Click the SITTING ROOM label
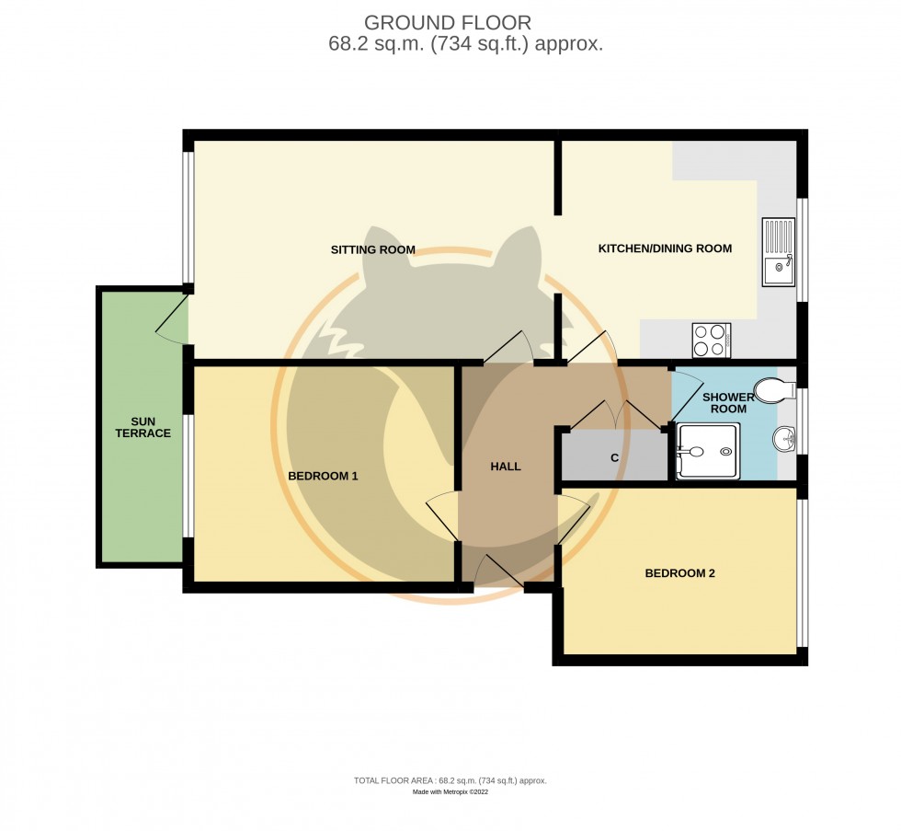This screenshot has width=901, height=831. (373, 249)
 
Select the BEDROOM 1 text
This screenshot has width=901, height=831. (323, 476)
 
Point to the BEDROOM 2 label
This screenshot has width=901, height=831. (679, 573)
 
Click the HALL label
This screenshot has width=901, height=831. (506, 467)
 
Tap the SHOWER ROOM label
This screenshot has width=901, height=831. (728, 403)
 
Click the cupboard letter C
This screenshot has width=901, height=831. (614, 457)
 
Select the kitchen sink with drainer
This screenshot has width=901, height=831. (778, 252)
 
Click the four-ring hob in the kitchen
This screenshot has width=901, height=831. (711, 340)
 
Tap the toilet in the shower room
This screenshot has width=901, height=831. (774, 390)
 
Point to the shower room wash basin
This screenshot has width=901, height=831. (784, 441)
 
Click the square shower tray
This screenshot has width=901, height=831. (707, 451)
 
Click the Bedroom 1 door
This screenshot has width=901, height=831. (442, 517)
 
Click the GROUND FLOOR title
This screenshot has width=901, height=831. (447, 23)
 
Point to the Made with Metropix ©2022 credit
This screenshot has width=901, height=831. (450, 791)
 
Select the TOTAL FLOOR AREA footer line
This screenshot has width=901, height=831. (450, 780)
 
